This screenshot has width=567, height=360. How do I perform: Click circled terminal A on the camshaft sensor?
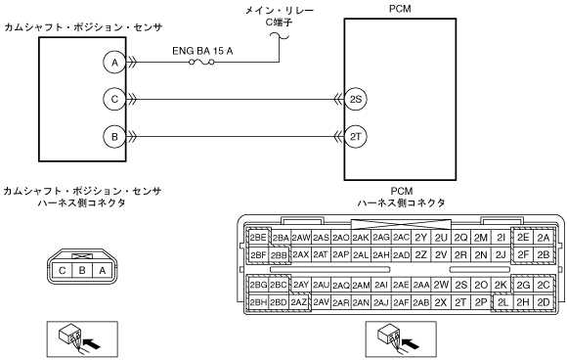click(x=114, y=63)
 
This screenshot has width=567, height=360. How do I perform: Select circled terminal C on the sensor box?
click(x=114, y=99)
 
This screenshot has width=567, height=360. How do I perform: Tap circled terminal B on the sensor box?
click(x=114, y=137)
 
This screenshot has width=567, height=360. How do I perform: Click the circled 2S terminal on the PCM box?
click(x=356, y=99)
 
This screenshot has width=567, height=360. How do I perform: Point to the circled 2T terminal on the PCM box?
click(x=356, y=137)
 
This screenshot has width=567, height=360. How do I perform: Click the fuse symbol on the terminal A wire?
click(x=201, y=63)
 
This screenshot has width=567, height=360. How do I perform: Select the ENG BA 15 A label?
click(x=202, y=51)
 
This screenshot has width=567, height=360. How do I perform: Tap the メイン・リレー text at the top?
click(x=280, y=11)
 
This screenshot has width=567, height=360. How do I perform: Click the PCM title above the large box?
click(x=400, y=9)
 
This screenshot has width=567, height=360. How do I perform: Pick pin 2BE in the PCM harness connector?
click(x=258, y=238)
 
